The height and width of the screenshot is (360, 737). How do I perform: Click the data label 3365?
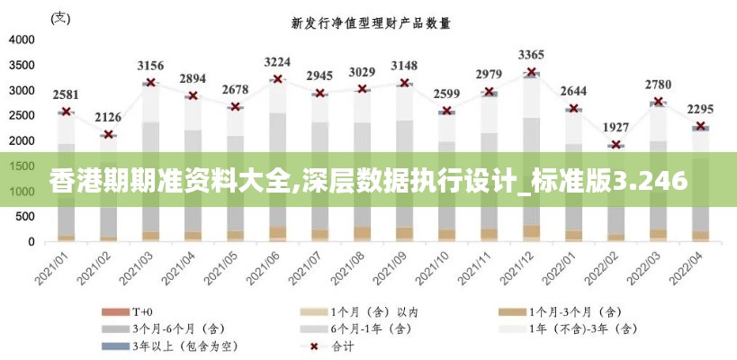[531, 54]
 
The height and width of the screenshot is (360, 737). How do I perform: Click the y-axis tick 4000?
[22, 40]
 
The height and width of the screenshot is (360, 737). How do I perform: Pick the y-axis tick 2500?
[22, 115]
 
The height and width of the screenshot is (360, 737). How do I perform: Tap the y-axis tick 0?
[32, 242]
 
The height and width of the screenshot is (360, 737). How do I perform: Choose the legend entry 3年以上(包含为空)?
[185, 346]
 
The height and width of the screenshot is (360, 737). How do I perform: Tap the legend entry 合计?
[344, 346]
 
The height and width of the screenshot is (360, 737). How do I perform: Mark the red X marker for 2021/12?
[531, 72]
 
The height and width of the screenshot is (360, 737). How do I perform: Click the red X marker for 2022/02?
[616, 144]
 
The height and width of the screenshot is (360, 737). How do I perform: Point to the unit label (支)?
[59, 17]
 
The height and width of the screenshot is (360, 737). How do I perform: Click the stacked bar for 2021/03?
[150, 162]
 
